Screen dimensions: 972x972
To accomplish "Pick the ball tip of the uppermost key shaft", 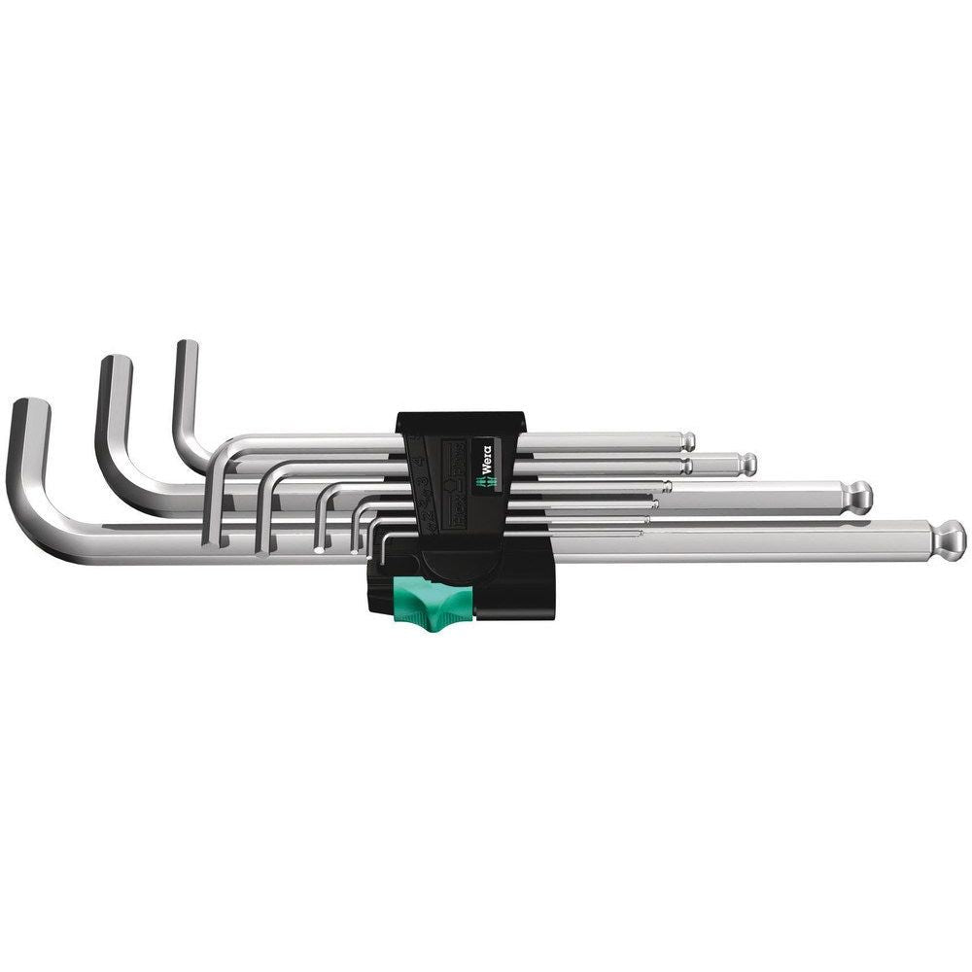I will (686, 439).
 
